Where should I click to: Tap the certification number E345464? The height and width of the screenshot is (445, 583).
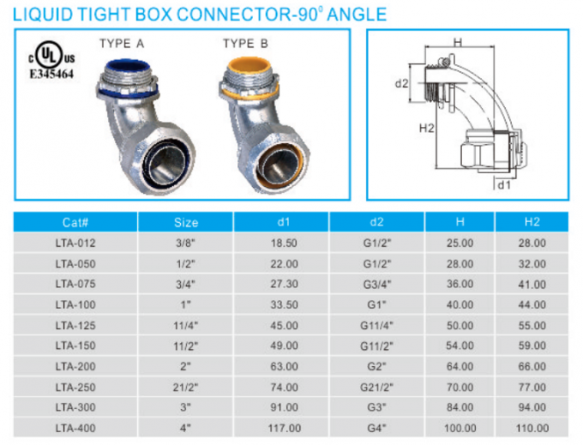(51, 75)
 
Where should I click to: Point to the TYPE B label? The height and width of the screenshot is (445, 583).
(243, 44)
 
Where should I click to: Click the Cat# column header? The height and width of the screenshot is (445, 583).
(75, 222)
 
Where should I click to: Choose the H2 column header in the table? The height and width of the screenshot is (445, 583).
(532, 222)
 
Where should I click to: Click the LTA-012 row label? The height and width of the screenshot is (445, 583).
(75, 244)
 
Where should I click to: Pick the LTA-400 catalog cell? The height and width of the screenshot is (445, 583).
(75, 428)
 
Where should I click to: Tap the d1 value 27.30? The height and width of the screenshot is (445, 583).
(285, 285)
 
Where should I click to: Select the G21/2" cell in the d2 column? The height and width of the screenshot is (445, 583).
(377, 387)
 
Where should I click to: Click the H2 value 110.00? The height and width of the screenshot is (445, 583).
(532, 428)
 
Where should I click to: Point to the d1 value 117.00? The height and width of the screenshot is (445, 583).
(285, 428)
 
